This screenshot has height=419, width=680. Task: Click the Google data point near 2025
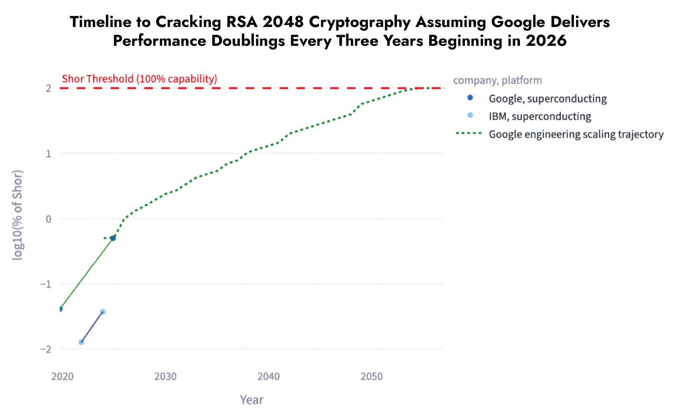coord(113,238)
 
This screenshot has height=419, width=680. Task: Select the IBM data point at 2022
coord(81,342)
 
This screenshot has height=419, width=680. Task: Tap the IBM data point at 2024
coord(103,312)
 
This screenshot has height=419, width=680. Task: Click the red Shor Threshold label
coord(139,79)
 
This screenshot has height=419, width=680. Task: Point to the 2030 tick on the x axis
coord(165,377)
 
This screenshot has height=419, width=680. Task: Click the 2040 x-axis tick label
coord(268,377)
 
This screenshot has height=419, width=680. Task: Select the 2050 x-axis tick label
coord(371,377)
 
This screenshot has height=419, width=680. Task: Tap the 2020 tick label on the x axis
coord(62,377)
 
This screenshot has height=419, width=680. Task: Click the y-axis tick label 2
coord(48,88)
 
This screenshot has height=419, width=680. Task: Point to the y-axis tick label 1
coord(48,154)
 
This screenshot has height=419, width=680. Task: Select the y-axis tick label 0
coord(48,219)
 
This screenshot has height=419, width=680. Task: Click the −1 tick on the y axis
coord(46,284)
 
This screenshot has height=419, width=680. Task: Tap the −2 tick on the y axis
coord(46,349)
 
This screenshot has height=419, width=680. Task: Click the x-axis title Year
coord(251,400)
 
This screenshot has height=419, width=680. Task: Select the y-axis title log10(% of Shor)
coord(18,215)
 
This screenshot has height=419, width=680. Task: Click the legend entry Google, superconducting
coord(547,99)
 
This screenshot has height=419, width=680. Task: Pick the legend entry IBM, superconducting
coord(540,116)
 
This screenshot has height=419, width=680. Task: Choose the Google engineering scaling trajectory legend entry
coord(576,134)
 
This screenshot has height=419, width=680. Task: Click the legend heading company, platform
coord(497,80)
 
